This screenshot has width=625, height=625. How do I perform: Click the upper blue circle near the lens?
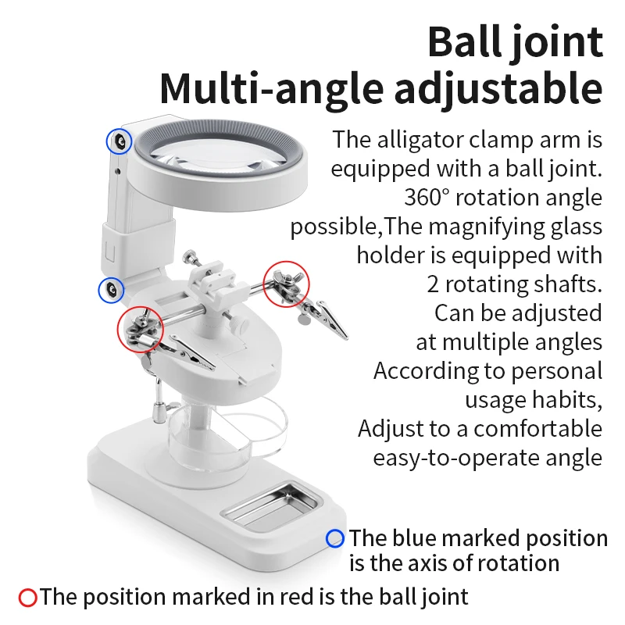107,141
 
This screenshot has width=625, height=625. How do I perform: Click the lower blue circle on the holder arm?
99,290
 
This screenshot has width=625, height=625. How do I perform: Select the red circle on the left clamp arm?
118,329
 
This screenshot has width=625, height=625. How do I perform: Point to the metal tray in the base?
271,506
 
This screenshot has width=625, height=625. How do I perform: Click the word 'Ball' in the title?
466,42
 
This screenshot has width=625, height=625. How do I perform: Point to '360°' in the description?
427,198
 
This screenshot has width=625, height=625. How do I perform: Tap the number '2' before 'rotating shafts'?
433,284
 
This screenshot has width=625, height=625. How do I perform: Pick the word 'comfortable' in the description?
537,429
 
